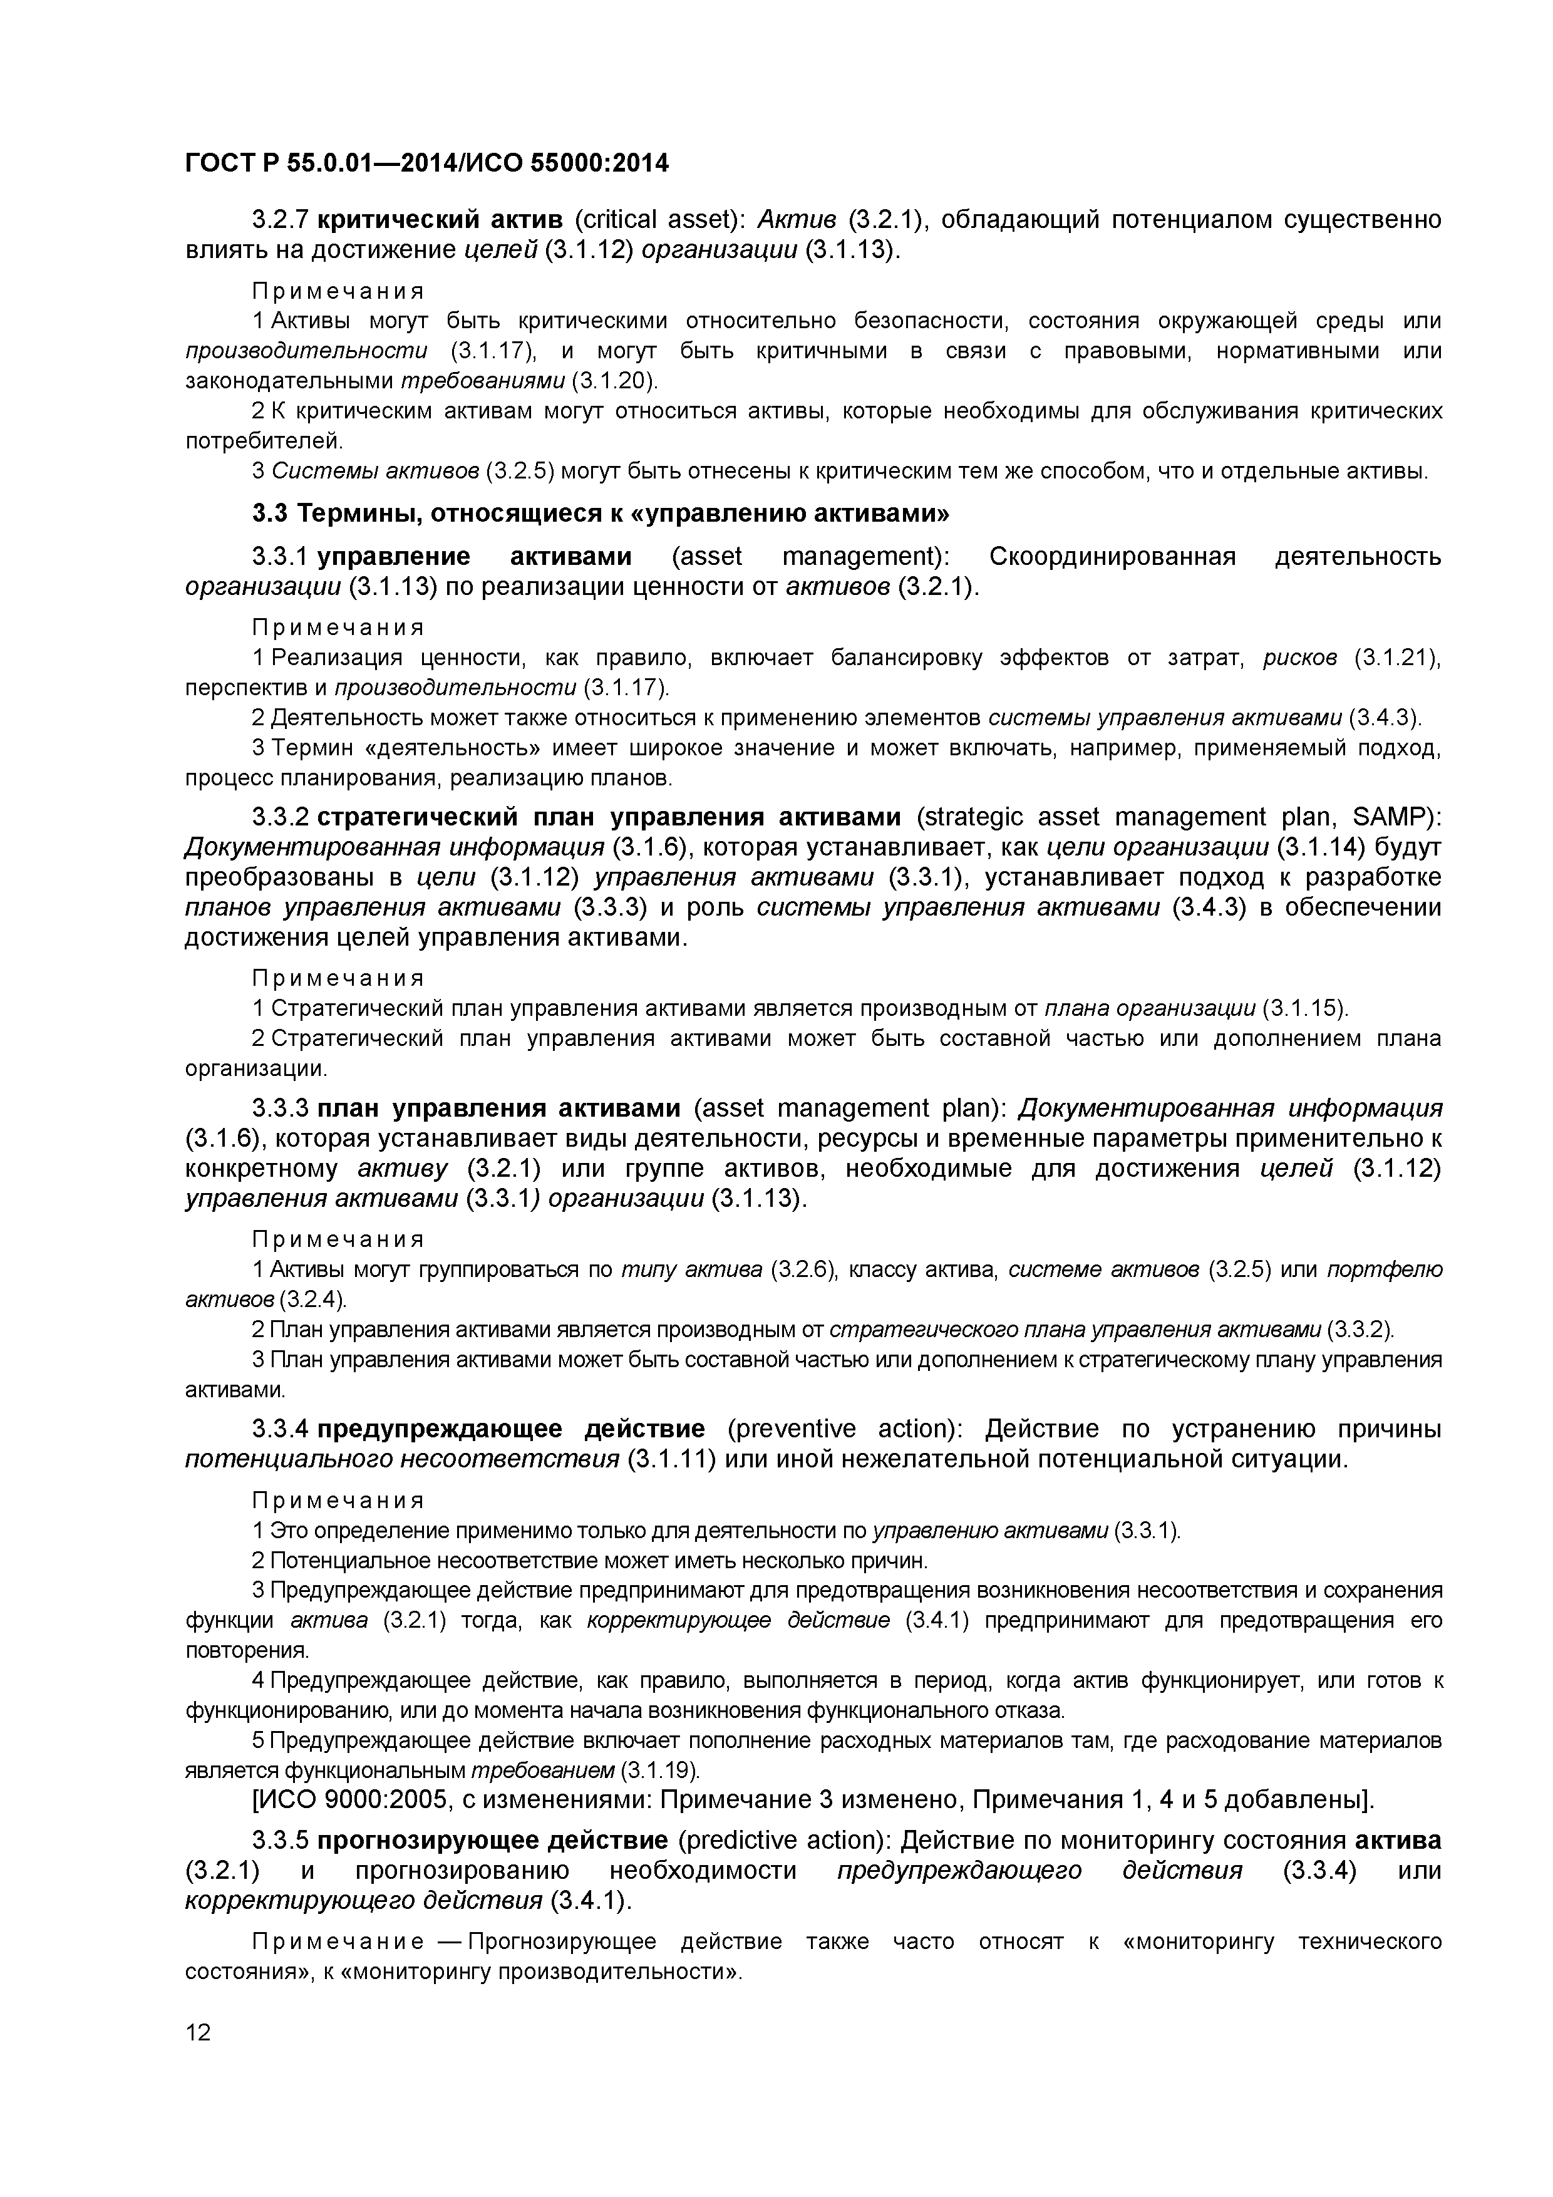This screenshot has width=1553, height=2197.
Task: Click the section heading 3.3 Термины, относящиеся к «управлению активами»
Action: [601, 514]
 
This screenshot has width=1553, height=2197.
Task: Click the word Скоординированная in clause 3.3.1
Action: [1112, 557]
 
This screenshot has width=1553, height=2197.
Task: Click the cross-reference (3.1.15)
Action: [1305, 1008]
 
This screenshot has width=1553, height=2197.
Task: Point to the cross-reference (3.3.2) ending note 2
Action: [1361, 1330]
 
